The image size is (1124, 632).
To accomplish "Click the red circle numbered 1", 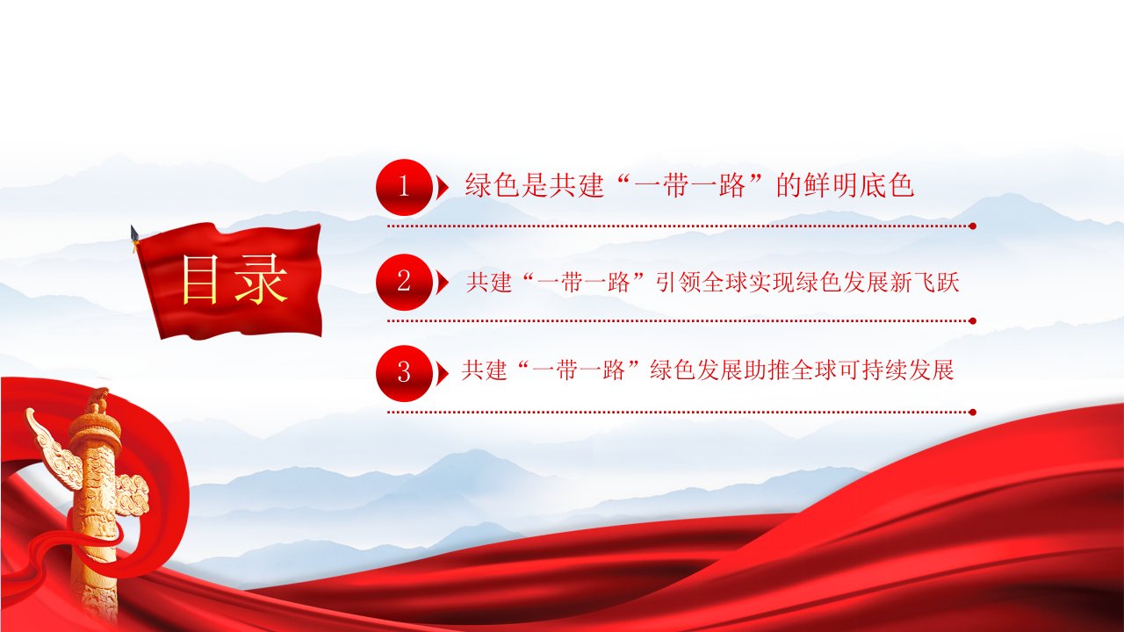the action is pos(404,187).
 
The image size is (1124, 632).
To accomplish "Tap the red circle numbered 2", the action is pos(404,282).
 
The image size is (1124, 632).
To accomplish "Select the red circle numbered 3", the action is pos(404,373).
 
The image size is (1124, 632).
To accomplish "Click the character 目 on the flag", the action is pos(200,279).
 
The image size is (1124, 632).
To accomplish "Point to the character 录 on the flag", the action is pos(261,279).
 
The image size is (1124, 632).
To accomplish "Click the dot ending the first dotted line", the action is pos(972,226).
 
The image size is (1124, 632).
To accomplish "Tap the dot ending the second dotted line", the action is pos(972,321).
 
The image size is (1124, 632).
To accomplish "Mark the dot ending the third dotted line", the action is pos(972,413).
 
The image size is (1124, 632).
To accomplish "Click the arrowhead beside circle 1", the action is pos(442,188).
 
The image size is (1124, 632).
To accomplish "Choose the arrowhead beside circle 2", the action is pos(442,282).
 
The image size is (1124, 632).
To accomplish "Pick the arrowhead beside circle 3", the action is pos(442,373).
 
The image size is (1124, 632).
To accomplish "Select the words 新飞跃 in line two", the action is pos(925,283).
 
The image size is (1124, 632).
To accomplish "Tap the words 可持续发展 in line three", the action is pos(897,370).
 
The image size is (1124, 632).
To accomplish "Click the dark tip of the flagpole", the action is pos(134,233).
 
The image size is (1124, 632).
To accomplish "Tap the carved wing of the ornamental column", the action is pos(54,449).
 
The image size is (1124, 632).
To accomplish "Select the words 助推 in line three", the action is pos(767,370).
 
